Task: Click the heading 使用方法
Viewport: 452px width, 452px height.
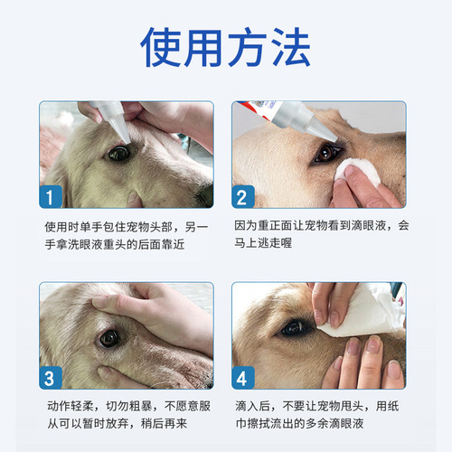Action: (x=226, y=46)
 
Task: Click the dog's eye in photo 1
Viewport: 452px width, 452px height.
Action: (x=118, y=153)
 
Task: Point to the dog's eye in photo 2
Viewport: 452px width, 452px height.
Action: (x=324, y=154)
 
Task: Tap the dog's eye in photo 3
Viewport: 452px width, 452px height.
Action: (x=109, y=337)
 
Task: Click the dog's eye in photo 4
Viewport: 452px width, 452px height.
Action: (x=292, y=328)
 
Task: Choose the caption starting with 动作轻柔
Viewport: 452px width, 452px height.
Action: (x=126, y=415)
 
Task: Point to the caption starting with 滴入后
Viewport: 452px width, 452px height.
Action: (x=321, y=415)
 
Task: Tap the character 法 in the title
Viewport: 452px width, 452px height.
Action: (x=287, y=46)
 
